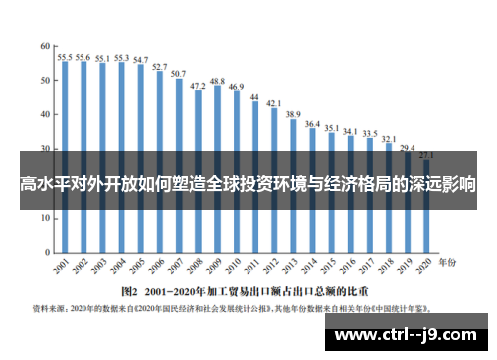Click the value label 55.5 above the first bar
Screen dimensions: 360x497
coord(64,58)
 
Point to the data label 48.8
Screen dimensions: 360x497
coord(217,80)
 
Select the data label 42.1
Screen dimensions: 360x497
coord(273,103)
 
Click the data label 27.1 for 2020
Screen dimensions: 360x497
coord(426,155)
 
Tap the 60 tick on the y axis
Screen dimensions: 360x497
coord(46,47)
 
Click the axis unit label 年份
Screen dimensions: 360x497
coord(449,262)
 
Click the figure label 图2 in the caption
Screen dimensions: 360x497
coord(128,292)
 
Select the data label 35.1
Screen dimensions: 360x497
coord(331,129)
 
